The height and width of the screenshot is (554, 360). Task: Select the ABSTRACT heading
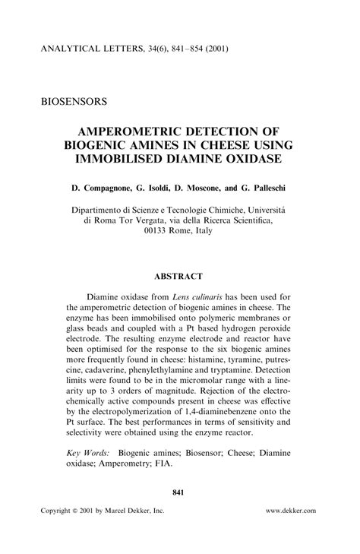[x=179, y=277]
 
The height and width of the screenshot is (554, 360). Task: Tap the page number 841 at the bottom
[x=179, y=492]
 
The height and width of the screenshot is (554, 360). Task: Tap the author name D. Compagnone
[x=102, y=186]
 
